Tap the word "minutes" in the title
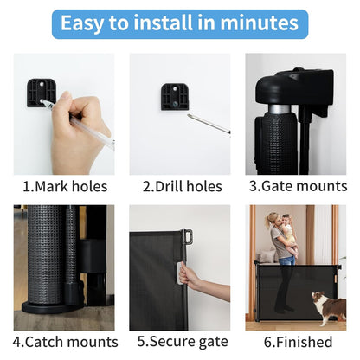point(259,23)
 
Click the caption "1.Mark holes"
point(65,186)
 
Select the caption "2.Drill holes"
point(183,186)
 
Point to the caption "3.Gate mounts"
point(299,186)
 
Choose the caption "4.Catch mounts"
point(66,342)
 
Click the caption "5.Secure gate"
point(183,342)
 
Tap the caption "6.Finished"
point(299,342)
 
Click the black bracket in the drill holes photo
point(175,97)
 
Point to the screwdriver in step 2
point(209,124)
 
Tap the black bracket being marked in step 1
point(42,93)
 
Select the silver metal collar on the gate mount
point(280,109)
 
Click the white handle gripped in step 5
point(180,273)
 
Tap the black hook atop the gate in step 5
point(188,236)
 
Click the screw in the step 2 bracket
point(176,103)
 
